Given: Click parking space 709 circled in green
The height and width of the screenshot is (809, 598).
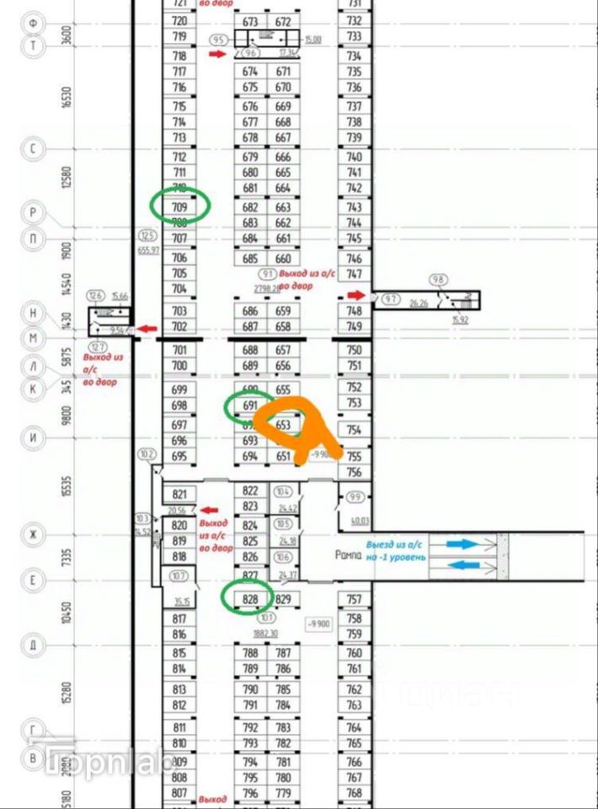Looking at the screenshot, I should point(179,206).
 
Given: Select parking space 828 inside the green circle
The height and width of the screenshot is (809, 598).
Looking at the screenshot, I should point(249,599).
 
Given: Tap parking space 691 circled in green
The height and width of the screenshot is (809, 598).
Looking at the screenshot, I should point(249,405).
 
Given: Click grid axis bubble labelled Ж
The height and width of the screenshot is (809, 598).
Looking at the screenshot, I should point(33,535).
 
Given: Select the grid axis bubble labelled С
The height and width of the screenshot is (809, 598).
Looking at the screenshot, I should point(33,149).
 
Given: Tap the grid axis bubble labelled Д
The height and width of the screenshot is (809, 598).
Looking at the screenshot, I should point(33,646).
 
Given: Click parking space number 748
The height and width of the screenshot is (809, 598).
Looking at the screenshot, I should point(354,311).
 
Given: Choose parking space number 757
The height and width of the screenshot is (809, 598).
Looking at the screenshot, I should point(354,599).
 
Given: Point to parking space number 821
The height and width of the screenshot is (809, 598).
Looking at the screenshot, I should point(179,495).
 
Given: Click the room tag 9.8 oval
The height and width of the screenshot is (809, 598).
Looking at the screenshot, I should point(437,280).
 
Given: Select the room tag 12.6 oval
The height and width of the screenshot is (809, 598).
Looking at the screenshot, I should point(96,295).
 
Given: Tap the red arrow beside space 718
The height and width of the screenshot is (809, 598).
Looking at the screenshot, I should point(217,54).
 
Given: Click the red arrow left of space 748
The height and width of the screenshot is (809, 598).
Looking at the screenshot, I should point(356,295).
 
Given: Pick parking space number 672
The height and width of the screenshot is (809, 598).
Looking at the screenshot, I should point(283,21).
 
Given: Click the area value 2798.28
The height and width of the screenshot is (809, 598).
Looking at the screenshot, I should point(266,288).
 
